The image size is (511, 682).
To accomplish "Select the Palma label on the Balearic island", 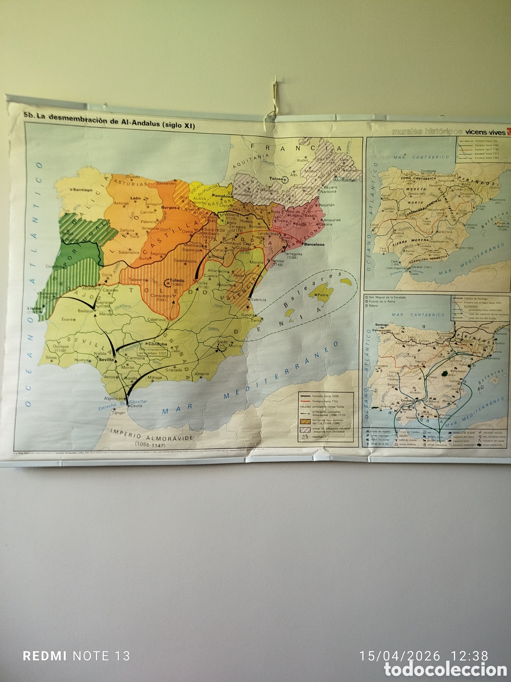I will point(323,295).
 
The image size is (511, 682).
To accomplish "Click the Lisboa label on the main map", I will point(34,307).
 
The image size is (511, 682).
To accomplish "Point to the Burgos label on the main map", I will point(169,208).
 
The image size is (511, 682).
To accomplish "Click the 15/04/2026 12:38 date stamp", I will point(424,656).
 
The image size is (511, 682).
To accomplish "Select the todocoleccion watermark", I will point(445,670).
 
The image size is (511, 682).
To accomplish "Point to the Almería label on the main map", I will point(202,374).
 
